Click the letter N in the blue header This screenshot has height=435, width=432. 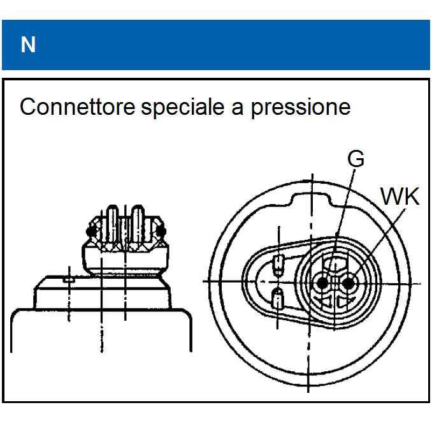coord(28,45)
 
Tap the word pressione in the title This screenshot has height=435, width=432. coord(300,107)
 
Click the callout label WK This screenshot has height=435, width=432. coord(400,197)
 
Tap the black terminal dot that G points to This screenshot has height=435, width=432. coord(324,282)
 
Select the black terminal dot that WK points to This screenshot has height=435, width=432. coord(347,282)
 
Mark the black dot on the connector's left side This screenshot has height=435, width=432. coord(91,228)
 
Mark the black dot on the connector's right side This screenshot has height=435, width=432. coord(160,228)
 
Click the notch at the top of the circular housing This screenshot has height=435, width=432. coord(311,198)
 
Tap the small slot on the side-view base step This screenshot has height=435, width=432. coord(68,279)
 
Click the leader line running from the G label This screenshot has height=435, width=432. coord(343,210)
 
